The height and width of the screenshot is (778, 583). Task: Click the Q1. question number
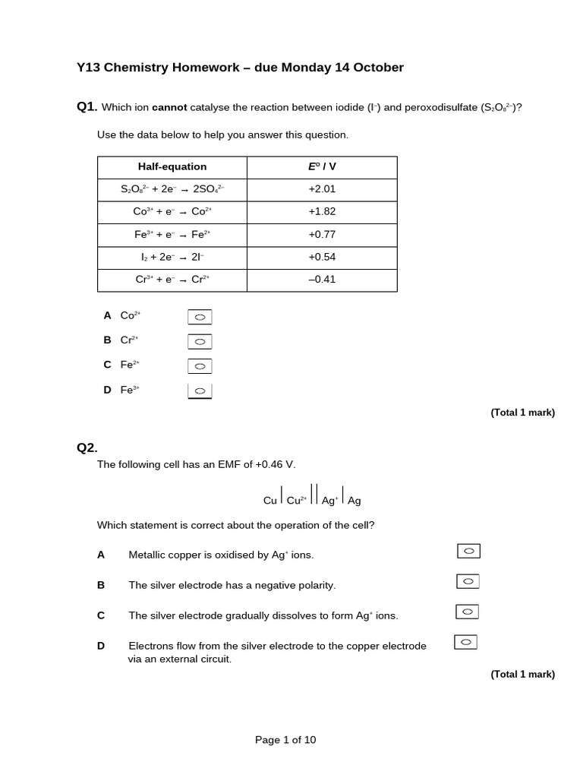(87, 106)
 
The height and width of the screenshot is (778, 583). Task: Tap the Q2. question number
(87, 448)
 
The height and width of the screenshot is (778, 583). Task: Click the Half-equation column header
(172, 167)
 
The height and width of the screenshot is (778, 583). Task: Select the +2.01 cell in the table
(322, 189)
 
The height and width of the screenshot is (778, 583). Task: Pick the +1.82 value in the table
(322, 212)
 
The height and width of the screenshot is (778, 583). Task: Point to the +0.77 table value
(322, 235)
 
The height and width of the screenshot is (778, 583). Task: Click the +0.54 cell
(322, 257)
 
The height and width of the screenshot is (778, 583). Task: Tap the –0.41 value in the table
(322, 280)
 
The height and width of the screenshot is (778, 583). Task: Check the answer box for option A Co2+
(200, 317)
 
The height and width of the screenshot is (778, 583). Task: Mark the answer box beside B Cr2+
(200, 342)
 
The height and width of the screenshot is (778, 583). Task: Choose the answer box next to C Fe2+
(200, 366)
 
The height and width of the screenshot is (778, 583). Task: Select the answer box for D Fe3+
(200, 391)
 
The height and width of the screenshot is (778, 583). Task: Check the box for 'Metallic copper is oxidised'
(468, 551)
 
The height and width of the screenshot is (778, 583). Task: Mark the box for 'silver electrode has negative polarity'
(468, 581)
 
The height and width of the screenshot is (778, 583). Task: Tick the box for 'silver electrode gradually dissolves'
(467, 612)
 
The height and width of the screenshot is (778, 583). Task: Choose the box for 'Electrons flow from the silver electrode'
(465, 642)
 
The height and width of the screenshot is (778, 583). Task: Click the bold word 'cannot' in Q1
(169, 107)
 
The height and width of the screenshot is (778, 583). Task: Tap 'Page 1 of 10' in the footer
(285, 740)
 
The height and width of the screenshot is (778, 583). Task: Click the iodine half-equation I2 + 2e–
(172, 257)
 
